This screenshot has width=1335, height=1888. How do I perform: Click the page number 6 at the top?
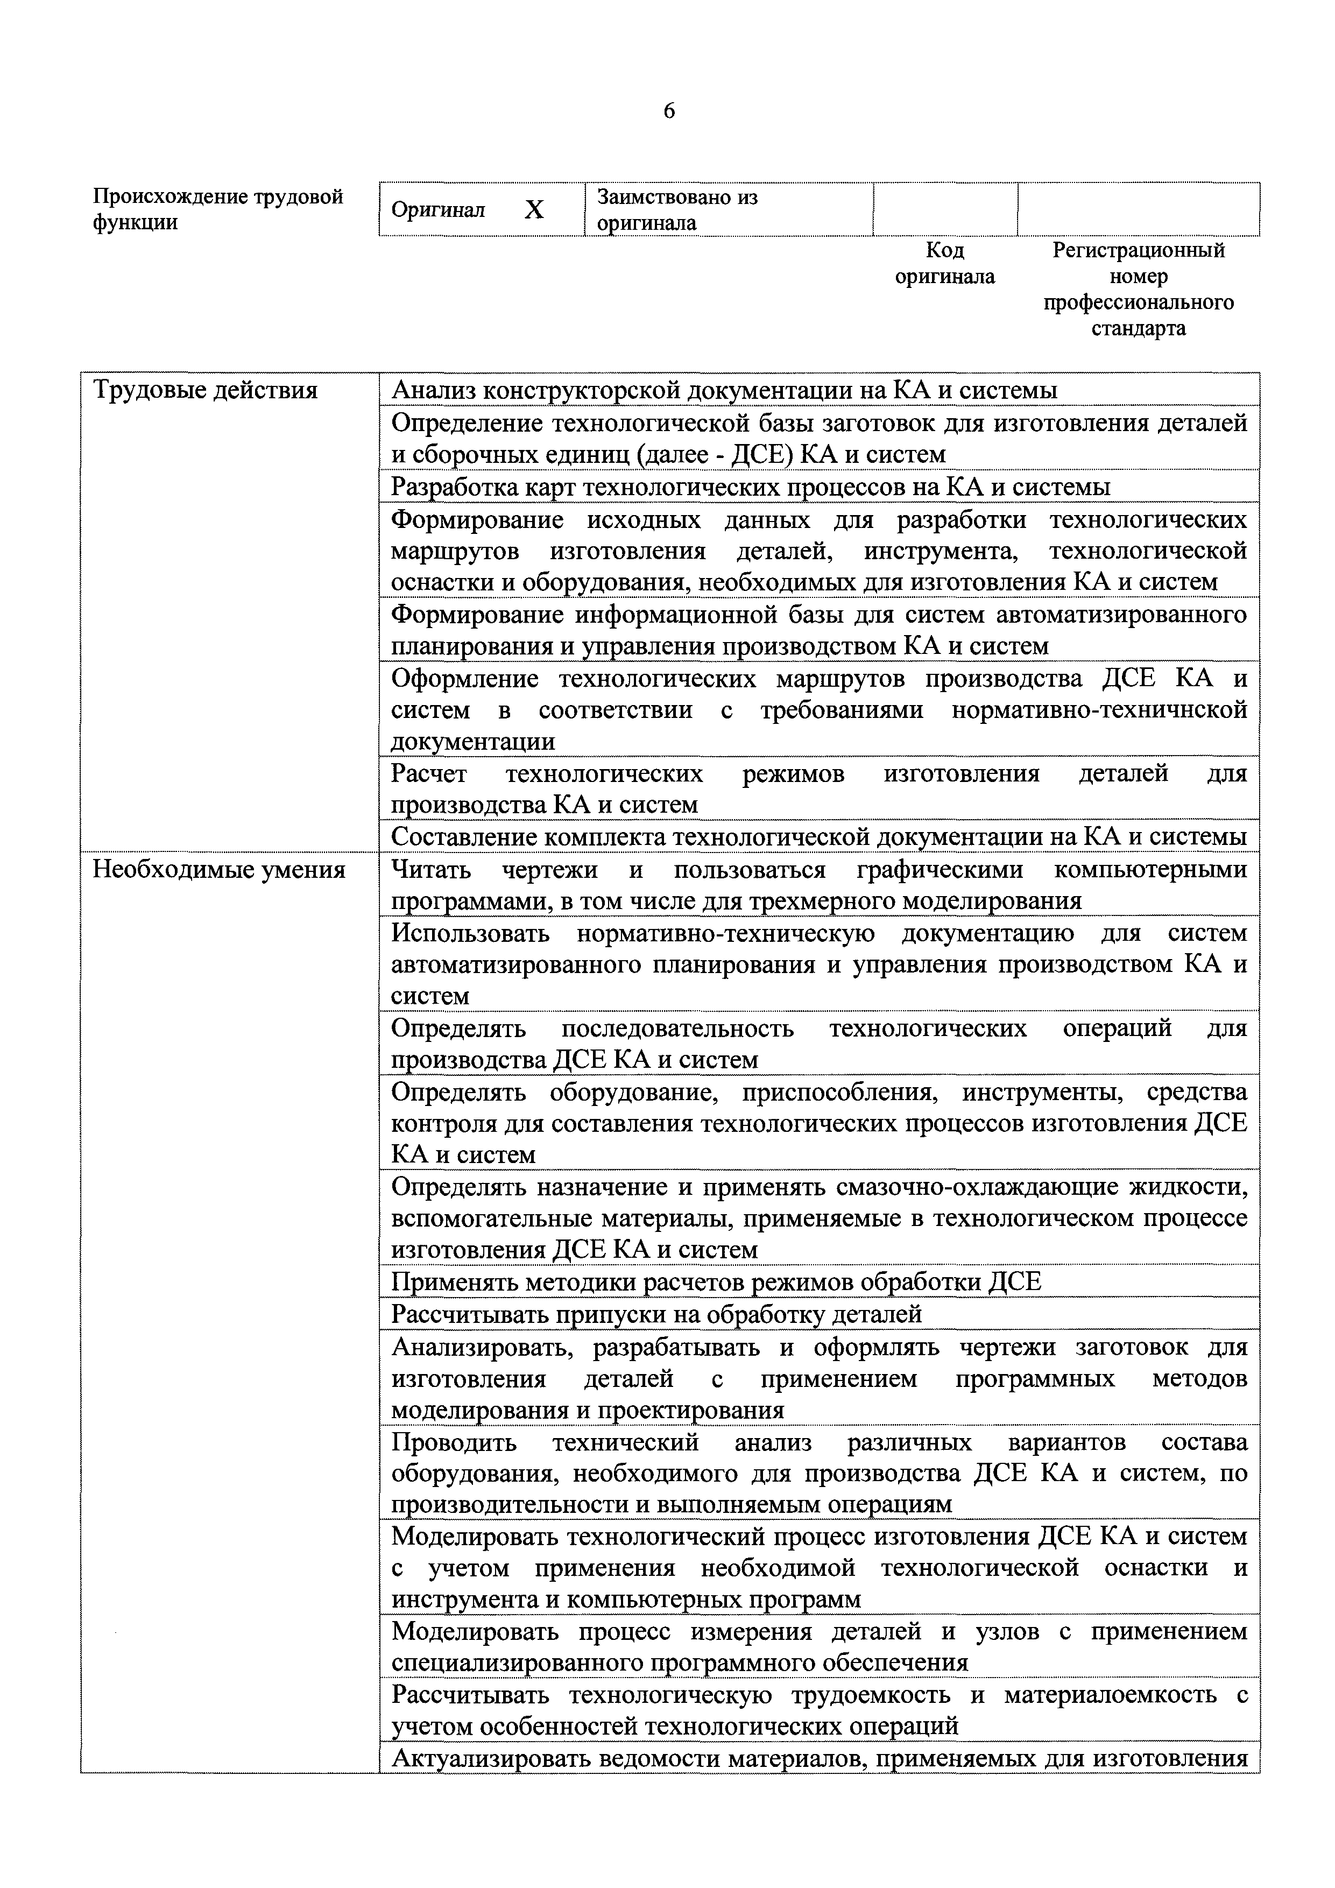[x=668, y=111]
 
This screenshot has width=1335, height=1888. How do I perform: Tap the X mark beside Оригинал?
[x=534, y=210]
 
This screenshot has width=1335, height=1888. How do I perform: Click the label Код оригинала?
[x=944, y=263]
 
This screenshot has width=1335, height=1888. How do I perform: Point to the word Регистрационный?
[x=1139, y=250]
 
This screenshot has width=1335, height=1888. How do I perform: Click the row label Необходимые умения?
[x=218, y=869]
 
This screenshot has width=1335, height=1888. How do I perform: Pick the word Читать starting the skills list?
[x=431, y=869]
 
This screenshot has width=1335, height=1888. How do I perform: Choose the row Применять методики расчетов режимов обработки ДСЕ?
[x=715, y=1282]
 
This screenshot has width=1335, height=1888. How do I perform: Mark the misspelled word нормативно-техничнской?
[x=1099, y=710]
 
